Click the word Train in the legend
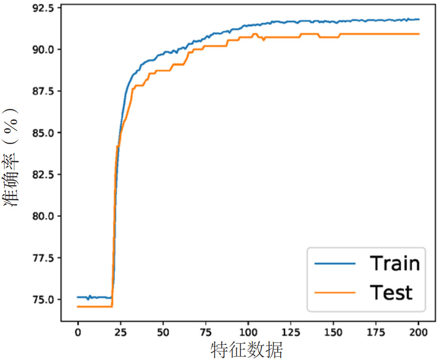point(395,263)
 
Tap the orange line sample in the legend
point(334,292)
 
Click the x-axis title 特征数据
point(247,350)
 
